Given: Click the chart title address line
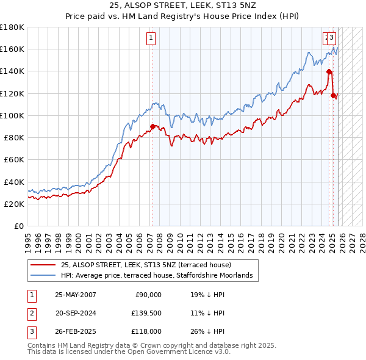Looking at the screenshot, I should [x=183, y=5].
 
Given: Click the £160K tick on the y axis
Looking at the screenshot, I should [x=12, y=49].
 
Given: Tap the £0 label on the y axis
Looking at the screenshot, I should [x=18, y=226].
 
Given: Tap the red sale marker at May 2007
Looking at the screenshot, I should [x=152, y=126].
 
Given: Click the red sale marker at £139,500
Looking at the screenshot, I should [x=329, y=71].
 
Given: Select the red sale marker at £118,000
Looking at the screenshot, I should [x=334, y=95].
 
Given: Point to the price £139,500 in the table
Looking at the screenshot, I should [x=146, y=313].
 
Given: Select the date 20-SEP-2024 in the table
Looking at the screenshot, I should [x=76, y=313].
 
